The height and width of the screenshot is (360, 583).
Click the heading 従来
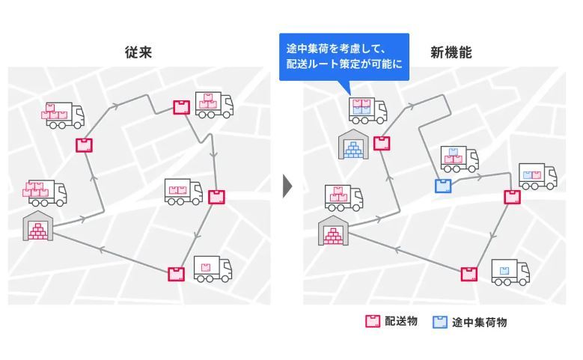tap(138, 52)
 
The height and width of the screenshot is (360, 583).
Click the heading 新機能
tap(451, 52)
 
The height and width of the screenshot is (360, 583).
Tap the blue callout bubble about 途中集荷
tap(344, 57)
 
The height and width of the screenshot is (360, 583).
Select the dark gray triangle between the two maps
tap(287, 186)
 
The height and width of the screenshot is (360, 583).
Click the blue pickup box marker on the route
tap(443, 186)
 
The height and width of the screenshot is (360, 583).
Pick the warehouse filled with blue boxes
tap(353, 144)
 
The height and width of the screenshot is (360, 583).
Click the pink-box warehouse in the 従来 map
tap(37, 226)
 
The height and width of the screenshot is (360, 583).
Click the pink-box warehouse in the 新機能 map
tap(333, 231)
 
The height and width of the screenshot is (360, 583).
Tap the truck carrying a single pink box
tap(213, 269)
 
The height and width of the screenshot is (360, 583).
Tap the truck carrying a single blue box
tap(510, 272)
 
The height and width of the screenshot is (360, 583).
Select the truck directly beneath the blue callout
tap(367, 110)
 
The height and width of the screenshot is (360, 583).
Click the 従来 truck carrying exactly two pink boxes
tap(183, 192)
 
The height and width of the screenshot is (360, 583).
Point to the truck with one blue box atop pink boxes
tap(460, 159)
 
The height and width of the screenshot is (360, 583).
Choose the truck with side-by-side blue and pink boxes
tap(537, 177)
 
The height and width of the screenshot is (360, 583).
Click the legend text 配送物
tap(401, 321)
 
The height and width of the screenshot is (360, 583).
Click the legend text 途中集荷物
tap(479, 322)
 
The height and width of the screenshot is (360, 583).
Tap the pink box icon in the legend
tap(373, 321)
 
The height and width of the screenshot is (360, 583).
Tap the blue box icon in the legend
tap(440, 322)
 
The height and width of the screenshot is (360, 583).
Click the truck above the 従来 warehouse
tap(45, 192)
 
